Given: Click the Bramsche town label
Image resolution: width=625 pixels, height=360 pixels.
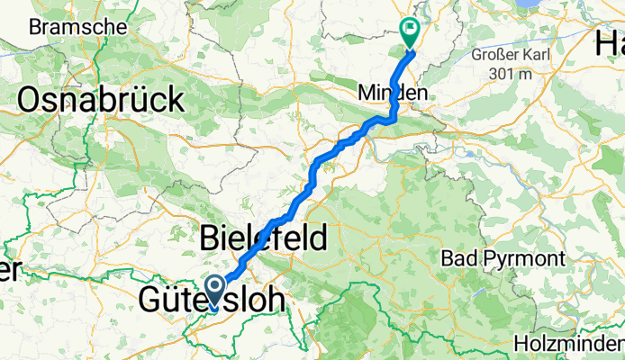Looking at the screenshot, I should point(77,28).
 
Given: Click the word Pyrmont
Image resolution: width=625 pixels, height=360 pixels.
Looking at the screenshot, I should point(531,259).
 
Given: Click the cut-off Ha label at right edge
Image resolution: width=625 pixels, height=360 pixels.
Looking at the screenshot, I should point(610,41).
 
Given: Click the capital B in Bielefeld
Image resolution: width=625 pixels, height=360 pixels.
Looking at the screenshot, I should point(207,239).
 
